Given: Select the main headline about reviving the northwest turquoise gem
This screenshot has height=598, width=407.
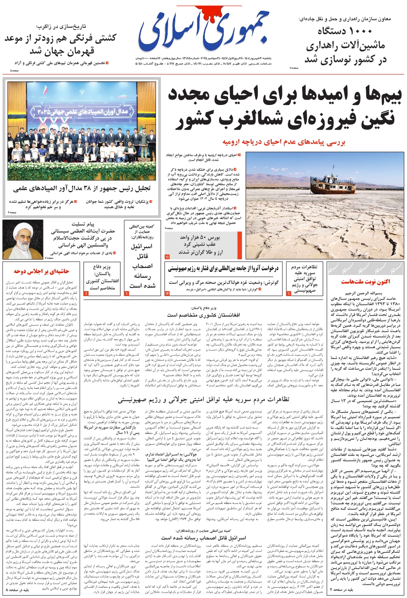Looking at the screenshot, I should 282,108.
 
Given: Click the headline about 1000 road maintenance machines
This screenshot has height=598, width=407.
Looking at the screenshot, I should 345,45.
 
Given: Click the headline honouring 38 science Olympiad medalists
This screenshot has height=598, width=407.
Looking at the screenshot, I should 82,188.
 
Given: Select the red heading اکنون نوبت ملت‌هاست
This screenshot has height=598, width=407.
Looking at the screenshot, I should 365,282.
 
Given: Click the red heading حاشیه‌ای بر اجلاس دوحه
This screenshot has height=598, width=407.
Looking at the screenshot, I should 41,271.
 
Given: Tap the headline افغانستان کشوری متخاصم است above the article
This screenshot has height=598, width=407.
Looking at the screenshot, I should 204,315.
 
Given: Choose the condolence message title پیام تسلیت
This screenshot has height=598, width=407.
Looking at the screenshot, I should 83,224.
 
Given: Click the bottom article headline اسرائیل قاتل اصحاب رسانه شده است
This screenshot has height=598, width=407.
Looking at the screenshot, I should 203,537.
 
